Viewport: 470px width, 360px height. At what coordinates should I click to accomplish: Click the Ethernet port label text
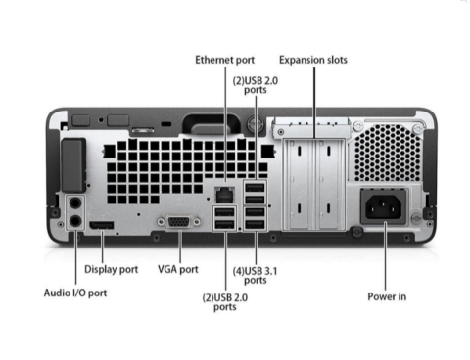(x=225, y=60)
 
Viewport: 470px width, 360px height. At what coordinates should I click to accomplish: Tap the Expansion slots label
(x=313, y=60)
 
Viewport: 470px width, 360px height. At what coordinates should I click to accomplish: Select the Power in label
(x=387, y=296)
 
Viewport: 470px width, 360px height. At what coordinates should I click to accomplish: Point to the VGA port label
(x=178, y=269)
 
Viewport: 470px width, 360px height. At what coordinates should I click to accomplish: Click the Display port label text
(x=112, y=269)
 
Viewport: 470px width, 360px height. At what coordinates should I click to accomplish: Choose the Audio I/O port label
(x=75, y=292)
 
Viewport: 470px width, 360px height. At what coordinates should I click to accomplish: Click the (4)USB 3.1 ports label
(x=256, y=276)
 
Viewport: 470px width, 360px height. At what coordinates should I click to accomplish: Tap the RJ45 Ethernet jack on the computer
(x=225, y=195)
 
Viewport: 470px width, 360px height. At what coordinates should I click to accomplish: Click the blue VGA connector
(x=179, y=222)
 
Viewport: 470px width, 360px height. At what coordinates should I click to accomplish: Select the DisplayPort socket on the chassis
(x=102, y=225)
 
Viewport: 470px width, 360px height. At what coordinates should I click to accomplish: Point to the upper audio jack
(x=75, y=203)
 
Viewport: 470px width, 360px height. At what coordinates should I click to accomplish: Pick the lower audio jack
(x=75, y=221)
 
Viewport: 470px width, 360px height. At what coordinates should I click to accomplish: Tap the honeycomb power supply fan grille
(x=387, y=153)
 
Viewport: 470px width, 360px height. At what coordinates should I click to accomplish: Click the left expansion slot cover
(x=299, y=184)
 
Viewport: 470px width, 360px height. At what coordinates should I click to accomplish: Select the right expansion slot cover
(x=330, y=184)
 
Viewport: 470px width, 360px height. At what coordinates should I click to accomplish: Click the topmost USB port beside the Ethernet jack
(x=256, y=188)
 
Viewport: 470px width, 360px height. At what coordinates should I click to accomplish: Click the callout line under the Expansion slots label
(x=314, y=103)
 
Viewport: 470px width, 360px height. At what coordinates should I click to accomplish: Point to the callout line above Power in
(x=386, y=256)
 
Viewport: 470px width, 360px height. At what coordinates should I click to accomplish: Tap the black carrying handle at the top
(x=211, y=123)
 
